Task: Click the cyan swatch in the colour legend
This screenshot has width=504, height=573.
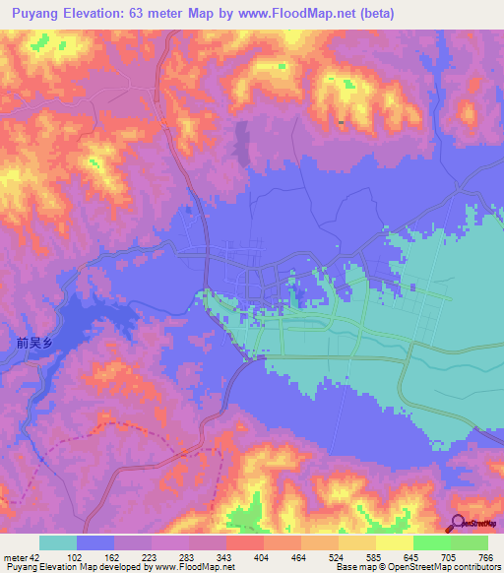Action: click(x=58, y=542)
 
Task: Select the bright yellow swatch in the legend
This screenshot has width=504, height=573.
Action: click(x=395, y=542)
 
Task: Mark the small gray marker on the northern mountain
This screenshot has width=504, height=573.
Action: click(x=341, y=122)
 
